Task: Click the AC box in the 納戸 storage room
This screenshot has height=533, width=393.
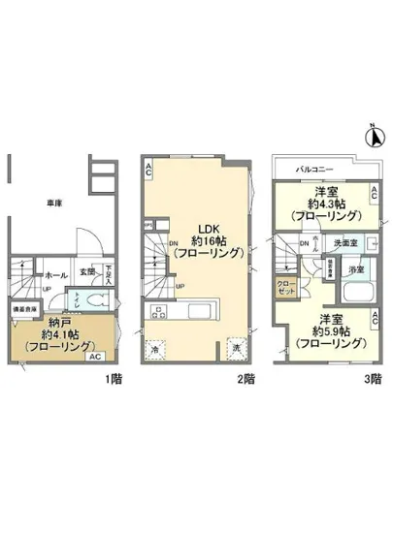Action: tap(94, 357)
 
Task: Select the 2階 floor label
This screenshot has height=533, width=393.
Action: tap(248, 378)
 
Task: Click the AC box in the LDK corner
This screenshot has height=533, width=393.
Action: tap(148, 171)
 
